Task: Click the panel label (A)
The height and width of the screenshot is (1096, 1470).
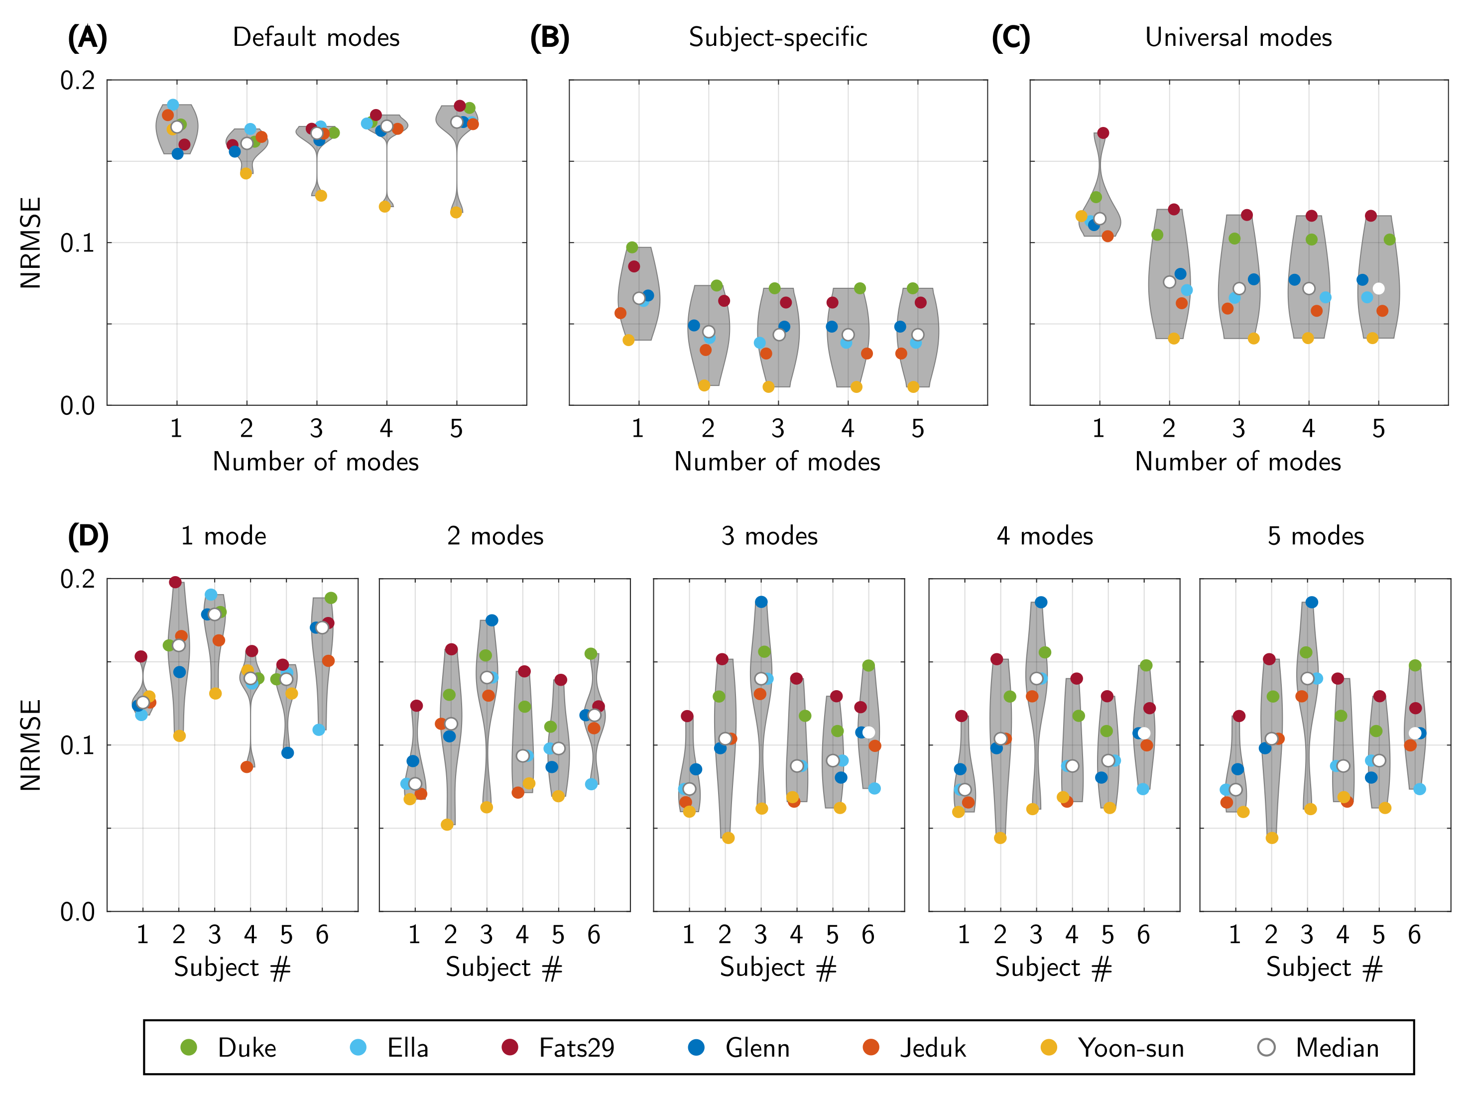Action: click(x=87, y=38)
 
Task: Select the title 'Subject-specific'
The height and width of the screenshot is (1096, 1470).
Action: click(x=777, y=38)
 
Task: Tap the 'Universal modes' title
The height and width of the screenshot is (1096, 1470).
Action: click(x=1238, y=38)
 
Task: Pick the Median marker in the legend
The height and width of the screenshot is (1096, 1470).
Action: click(x=1266, y=1048)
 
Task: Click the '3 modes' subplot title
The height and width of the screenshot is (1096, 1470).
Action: click(x=769, y=536)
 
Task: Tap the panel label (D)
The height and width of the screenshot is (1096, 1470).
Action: click(x=88, y=536)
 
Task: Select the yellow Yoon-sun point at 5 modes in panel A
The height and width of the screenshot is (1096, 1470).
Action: click(x=456, y=212)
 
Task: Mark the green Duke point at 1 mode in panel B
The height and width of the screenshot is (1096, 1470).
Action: click(x=631, y=247)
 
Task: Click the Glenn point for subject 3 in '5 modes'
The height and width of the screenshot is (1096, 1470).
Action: click(x=1312, y=603)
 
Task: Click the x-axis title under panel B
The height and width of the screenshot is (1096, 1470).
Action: click(x=777, y=462)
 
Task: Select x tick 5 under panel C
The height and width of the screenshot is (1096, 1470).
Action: click(x=1378, y=429)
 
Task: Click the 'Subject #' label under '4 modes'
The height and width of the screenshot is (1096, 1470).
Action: click(x=1053, y=968)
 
